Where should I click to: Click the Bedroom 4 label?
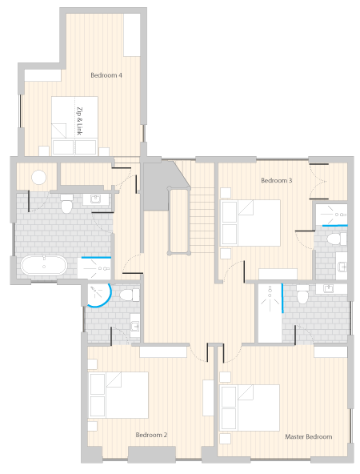(106, 75)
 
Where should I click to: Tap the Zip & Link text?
(79, 121)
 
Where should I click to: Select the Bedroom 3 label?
(276, 180)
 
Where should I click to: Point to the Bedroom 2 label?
(151, 435)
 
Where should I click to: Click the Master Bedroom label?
(309, 436)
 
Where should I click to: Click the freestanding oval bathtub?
(44, 265)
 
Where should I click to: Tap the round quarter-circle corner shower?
(98, 295)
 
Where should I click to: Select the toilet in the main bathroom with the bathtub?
(66, 204)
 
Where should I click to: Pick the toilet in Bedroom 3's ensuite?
(337, 239)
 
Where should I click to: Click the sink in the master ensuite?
(329, 288)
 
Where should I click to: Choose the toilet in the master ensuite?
(302, 294)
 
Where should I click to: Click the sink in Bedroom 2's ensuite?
(135, 326)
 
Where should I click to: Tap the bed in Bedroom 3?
(250, 223)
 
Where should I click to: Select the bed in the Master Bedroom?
(250, 408)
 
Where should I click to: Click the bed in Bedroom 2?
(118, 395)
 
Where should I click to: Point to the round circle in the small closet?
(38, 177)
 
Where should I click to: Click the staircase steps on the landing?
(202, 220)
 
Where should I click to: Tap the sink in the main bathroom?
(96, 199)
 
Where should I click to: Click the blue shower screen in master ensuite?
(282, 298)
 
